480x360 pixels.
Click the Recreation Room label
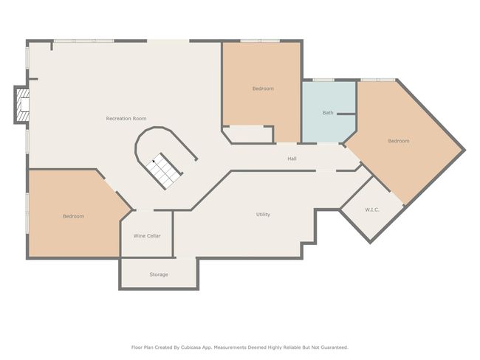[126, 118]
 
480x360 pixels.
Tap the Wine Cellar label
[147, 236]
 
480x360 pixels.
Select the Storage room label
[159, 274]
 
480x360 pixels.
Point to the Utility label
[263, 215]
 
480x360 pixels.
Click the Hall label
[292, 159]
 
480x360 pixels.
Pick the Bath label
[328, 113]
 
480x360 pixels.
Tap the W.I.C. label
[372, 210]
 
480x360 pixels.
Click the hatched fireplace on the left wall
[23, 105]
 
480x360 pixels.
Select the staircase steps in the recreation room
[164, 171]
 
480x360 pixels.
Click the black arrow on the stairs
[154, 162]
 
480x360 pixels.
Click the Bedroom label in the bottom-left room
[73, 216]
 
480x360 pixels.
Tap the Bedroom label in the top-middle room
[263, 89]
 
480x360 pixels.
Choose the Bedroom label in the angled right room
[399, 141]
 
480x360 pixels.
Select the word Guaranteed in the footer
[335, 347]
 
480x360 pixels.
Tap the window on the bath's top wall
[323, 80]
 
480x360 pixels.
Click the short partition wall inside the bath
[346, 114]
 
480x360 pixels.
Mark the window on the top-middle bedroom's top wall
[260, 41]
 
